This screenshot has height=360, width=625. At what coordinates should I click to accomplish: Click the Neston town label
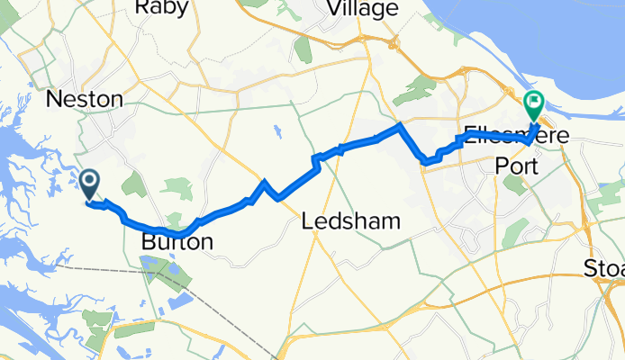tap(86, 99)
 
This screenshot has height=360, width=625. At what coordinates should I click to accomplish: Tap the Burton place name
tap(177, 242)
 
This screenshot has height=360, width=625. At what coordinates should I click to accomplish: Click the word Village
tap(363, 9)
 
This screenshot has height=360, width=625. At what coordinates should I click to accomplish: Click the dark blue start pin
tap(90, 184)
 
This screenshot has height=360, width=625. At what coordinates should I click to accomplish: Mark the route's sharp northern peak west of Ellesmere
tap(400, 127)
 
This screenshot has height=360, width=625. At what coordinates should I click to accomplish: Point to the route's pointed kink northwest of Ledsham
tap(264, 183)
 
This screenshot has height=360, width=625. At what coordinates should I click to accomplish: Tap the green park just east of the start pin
tap(133, 184)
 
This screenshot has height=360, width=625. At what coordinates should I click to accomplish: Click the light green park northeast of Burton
tap(177, 189)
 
